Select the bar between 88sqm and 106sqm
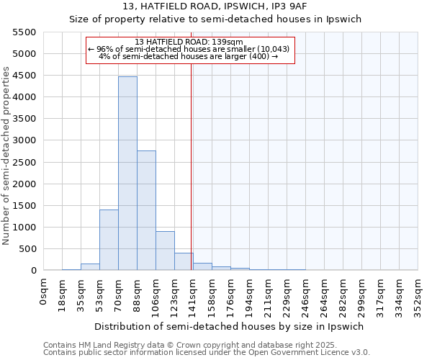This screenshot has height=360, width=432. [x=146, y=210]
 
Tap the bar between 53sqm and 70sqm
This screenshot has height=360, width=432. [x=109, y=240]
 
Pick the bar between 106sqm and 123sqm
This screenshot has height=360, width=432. [x=165, y=251]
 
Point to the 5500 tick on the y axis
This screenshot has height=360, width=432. [x=24, y=32]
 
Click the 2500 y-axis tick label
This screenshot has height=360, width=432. [x=24, y=162]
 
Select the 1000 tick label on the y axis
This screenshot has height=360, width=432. [x=24, y=228]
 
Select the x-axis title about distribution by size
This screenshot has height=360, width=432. [x=230, y=326]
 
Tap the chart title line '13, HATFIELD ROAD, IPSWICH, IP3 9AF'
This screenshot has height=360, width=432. [x=215, y=6]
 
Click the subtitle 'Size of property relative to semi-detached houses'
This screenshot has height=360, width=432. [x=215, y=19]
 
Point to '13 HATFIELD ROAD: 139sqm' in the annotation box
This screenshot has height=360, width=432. [x=190, y=42]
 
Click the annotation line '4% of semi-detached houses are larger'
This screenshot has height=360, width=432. [x=188, y=56]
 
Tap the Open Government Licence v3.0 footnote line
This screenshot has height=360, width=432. [x=206, y=353]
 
